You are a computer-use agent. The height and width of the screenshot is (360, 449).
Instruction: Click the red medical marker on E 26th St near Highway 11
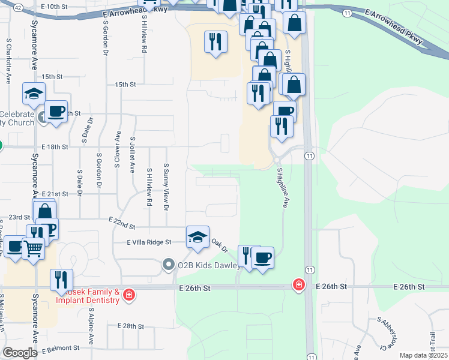[298, 286]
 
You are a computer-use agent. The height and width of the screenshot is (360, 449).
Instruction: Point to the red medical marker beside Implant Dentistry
[129, 295]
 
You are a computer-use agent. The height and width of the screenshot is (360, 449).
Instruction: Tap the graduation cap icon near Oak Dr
[197, 236]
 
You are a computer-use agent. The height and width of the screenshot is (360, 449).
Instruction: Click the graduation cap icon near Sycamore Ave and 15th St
[34, 94]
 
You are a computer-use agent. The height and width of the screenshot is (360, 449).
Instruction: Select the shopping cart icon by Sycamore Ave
[34, 247]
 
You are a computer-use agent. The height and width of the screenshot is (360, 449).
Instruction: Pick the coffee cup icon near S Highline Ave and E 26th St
[262, 258]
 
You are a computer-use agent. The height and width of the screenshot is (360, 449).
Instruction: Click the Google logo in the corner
[20, 353]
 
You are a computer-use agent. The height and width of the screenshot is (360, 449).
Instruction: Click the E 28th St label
[131, 326]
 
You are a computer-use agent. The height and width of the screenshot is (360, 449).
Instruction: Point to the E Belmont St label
[61, 348]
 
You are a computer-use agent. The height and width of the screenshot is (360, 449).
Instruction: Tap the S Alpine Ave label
[91, 328]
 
